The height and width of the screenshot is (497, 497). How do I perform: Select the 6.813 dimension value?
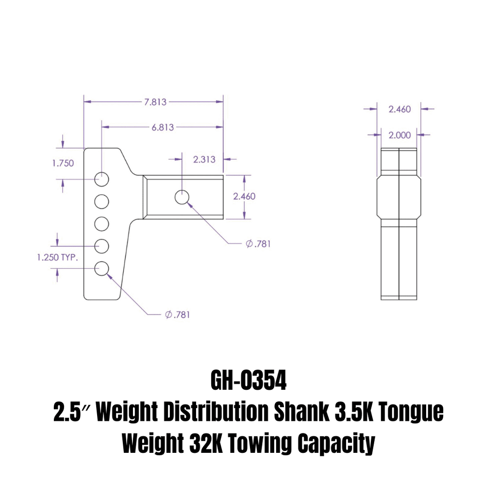[x=163, y=128]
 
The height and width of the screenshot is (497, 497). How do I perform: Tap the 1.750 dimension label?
[x=63, y=163]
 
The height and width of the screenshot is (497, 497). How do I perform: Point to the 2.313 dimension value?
[x=204, y=159]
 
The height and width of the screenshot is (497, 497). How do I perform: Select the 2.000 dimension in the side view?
[x=399, y=135]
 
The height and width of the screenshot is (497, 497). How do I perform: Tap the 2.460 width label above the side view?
[x=399, y=109]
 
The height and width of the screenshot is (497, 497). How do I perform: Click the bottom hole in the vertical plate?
[x=101, y=268]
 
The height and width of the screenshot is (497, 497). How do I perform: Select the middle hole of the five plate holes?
[x=101, y=224]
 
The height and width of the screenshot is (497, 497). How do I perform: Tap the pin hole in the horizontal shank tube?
[x=182, y=197]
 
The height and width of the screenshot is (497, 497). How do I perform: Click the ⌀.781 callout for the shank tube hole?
[x=258, y=244]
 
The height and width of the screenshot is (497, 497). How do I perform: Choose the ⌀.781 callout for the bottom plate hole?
[x=177, y=315]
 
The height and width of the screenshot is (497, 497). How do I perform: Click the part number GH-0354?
[x=248, y=382]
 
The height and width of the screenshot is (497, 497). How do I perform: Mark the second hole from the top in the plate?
[x=101, y=201]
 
